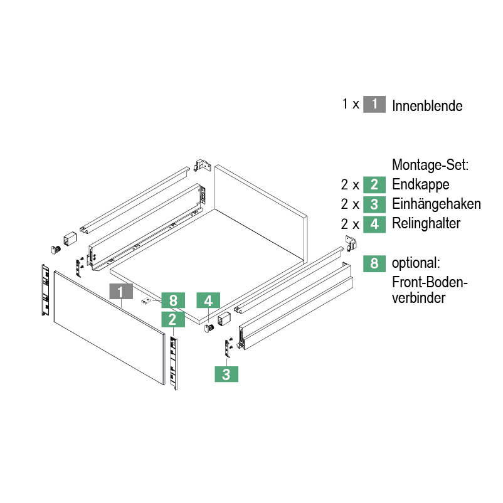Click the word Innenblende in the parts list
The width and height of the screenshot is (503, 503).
click(x=427, y=105)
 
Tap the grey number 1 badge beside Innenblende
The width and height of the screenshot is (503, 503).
click(x=374, y=104)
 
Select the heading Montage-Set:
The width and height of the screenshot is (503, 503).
click(x=430, y=166)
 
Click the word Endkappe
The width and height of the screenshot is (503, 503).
click(x=421, y=185)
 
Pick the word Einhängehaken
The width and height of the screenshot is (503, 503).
click(x=437, y=204)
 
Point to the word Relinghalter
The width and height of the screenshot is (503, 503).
click(x=426, y=223)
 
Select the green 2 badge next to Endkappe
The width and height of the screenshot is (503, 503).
click(x=374, y=184)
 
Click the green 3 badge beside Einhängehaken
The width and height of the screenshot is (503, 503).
click(x=374, y=204)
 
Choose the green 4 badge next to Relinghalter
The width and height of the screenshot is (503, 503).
click(x=374, y=223)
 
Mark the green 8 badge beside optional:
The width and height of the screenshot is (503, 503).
click(x=374, y=263)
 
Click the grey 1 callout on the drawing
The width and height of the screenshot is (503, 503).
click(x=120, y=291)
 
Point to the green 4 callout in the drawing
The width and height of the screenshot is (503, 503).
click(x=208, y=300)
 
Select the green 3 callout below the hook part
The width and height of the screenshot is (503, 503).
click(x=226, y=374)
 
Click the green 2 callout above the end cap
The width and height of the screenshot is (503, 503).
click(x=172, y=319)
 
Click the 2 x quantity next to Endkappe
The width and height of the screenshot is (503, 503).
click(x=349, y=185)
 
